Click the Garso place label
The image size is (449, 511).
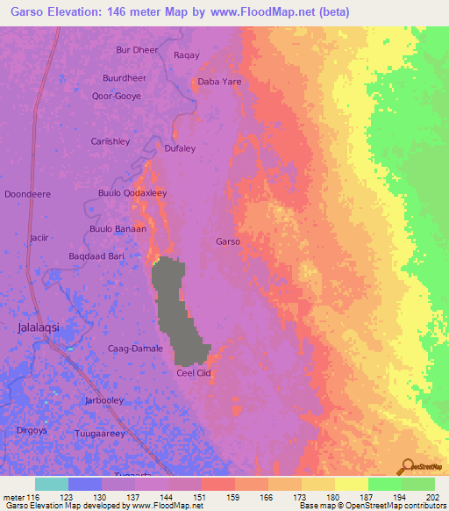pyautogui.click(x=228, y=241)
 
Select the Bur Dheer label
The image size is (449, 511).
pyautogui.click(x=137, y=50)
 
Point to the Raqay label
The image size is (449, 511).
pyautogui.click(x=187, y=55)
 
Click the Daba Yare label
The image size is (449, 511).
pyautogui.click(x=219, y=82)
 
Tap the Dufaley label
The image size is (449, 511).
pyautogui.click(x=180, y=148)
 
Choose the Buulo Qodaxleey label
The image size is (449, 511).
pyautogui.click(x=132, y=192)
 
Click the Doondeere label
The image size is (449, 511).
pyautogui.click(x=28, y=193)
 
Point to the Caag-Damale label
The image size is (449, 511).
pyautogui.click(x=135, y=349)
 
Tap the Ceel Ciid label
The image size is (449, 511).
pyautogui.click(x=195, y=373)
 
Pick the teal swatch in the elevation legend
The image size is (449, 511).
pyautogui.click(x=52, y=484)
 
